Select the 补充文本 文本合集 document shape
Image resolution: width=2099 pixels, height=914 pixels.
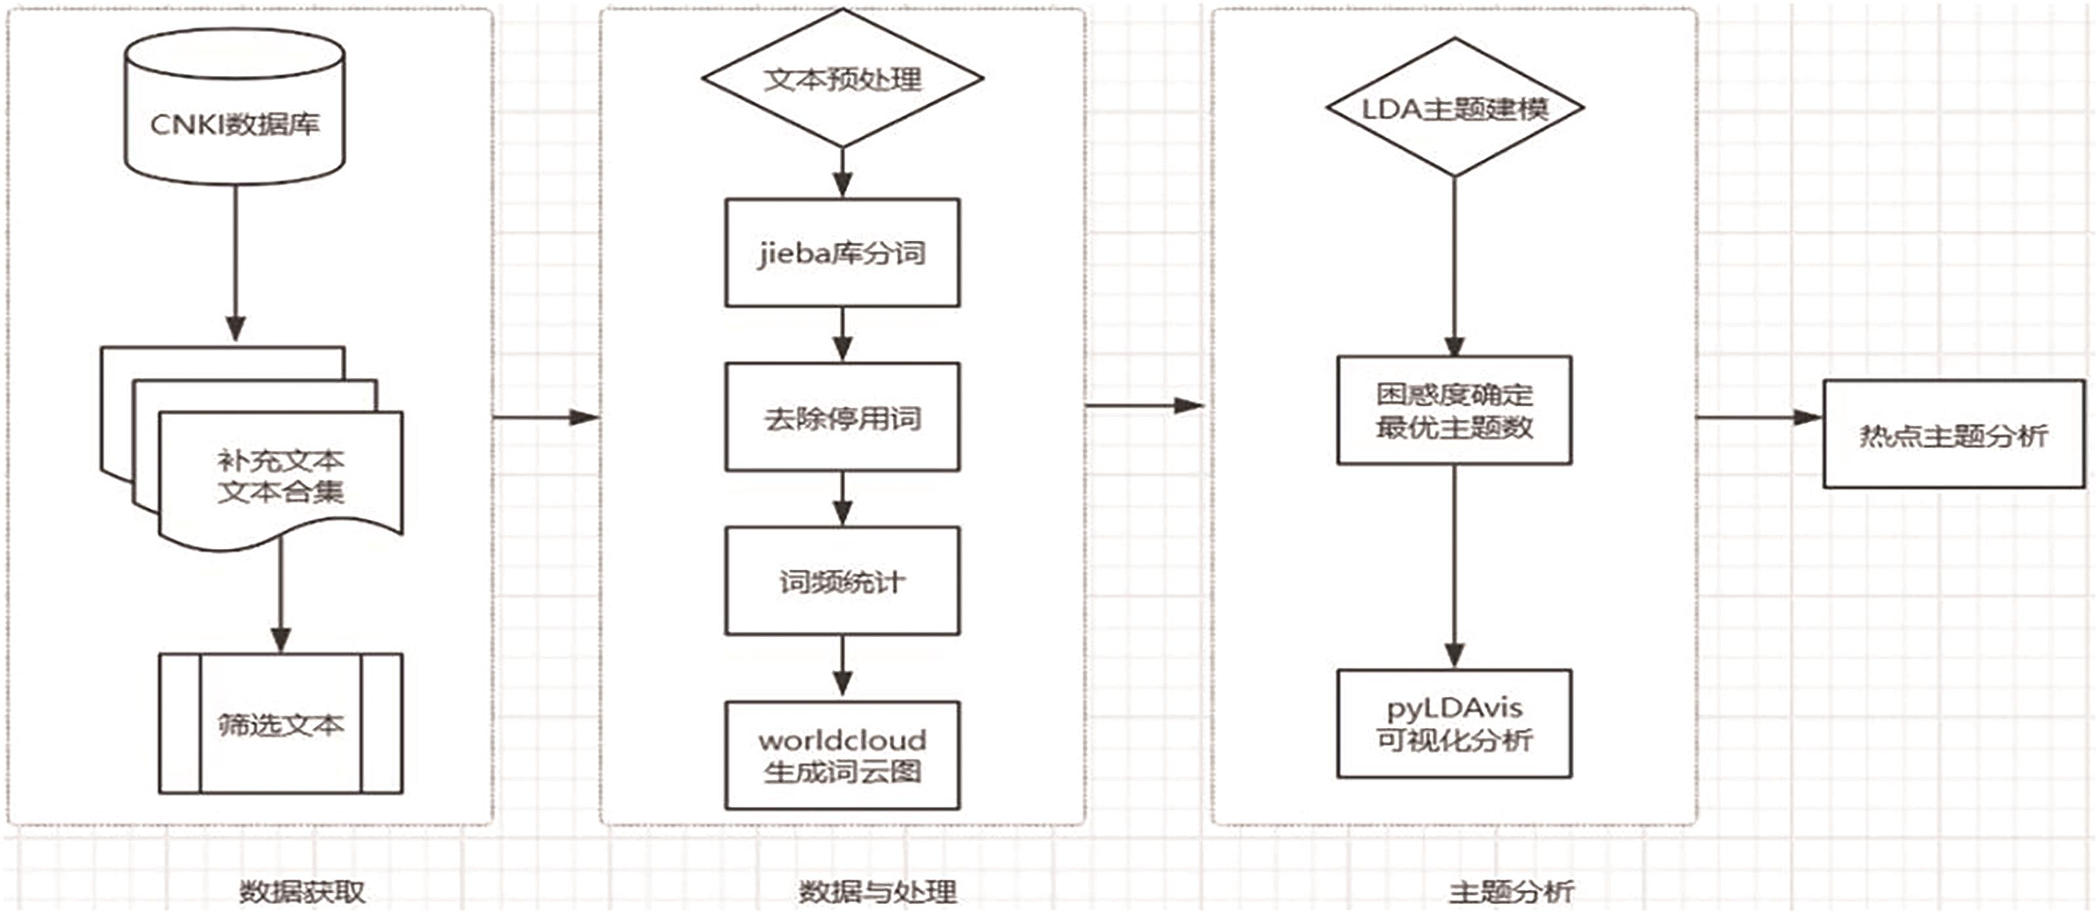tap(281, 477)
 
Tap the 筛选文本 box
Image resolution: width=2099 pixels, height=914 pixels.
tap(281, 723)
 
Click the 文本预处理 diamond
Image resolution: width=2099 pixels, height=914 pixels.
tap(842, 79)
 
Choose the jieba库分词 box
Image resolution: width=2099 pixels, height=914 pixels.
tap(842, 252)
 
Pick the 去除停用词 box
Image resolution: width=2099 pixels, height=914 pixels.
tap(842, 418)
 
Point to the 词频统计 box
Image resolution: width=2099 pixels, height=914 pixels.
tap(842, 582)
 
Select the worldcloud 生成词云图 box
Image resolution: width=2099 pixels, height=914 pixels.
tap(842, 755)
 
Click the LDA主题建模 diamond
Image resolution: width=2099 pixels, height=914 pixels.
tap(1455, 108)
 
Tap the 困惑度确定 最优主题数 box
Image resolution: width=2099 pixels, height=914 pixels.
tap(1455, 410)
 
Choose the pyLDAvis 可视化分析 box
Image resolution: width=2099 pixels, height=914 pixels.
tap(1455, 723)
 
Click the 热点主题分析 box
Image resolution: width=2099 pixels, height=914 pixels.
tap(1953, 435)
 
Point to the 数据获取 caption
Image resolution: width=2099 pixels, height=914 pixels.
tap(302, 891)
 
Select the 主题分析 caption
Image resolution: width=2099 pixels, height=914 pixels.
tap(1511, 891)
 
